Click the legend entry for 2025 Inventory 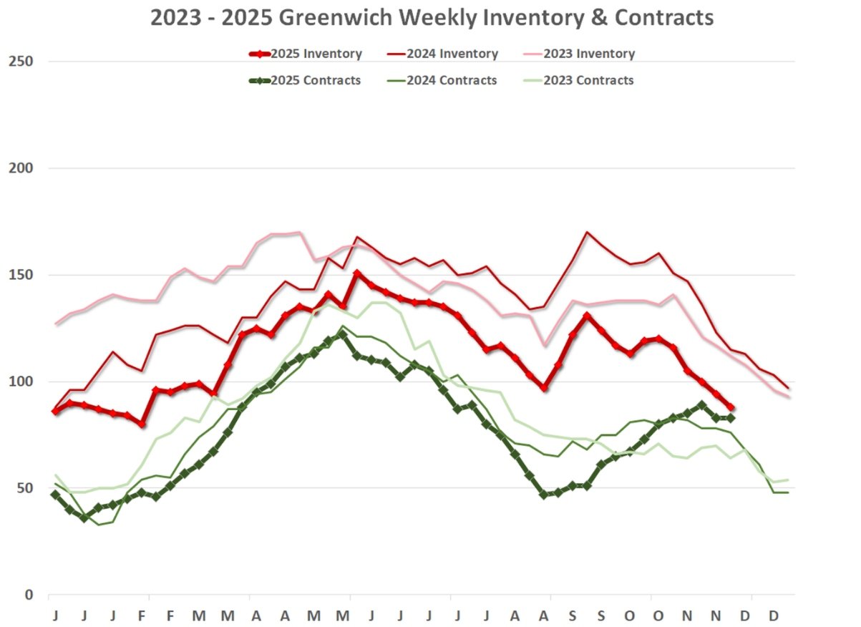pyautogui.click(x=315, y=54)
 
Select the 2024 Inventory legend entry pyautogui.click(x=452, y=54)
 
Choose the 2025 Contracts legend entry pyautogui.click(x=315, y=80)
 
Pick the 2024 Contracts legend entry pyautogui.click(x=451, y=80)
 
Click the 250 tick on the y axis pyautogui.click(x=21, y=62)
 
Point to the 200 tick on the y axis pyautogui.click(x=21, y=168)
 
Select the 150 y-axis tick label pyautogui.click(x=21, y=275)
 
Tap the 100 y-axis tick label pyautogui.click(x=21, y=381)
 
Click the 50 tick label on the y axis pyautogui.click(x=24, y=488)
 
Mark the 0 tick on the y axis pyautogui.click(x=28, y=595)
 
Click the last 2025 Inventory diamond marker pyautogui.click(x=731, y=407)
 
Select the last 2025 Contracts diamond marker pyautogui.click(x=731, y=418)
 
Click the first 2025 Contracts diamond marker pyautogui.click(x=55, y=495)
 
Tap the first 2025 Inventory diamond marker pyautogui.click(x=55, y=412)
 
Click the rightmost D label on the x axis pyautogui.click(x=773, y=616)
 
